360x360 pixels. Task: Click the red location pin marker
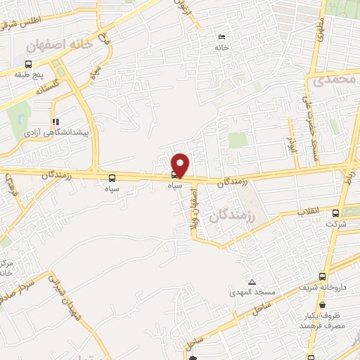coord(181,165)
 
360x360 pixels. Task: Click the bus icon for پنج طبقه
coord(27,63)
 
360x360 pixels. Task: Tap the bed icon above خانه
coord(222,37)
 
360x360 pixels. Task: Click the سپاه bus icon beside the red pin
coord(174,175)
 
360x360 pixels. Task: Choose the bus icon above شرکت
coord(335,213)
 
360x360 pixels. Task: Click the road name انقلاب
coord(308,211)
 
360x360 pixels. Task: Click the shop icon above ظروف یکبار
coord(322,305)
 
